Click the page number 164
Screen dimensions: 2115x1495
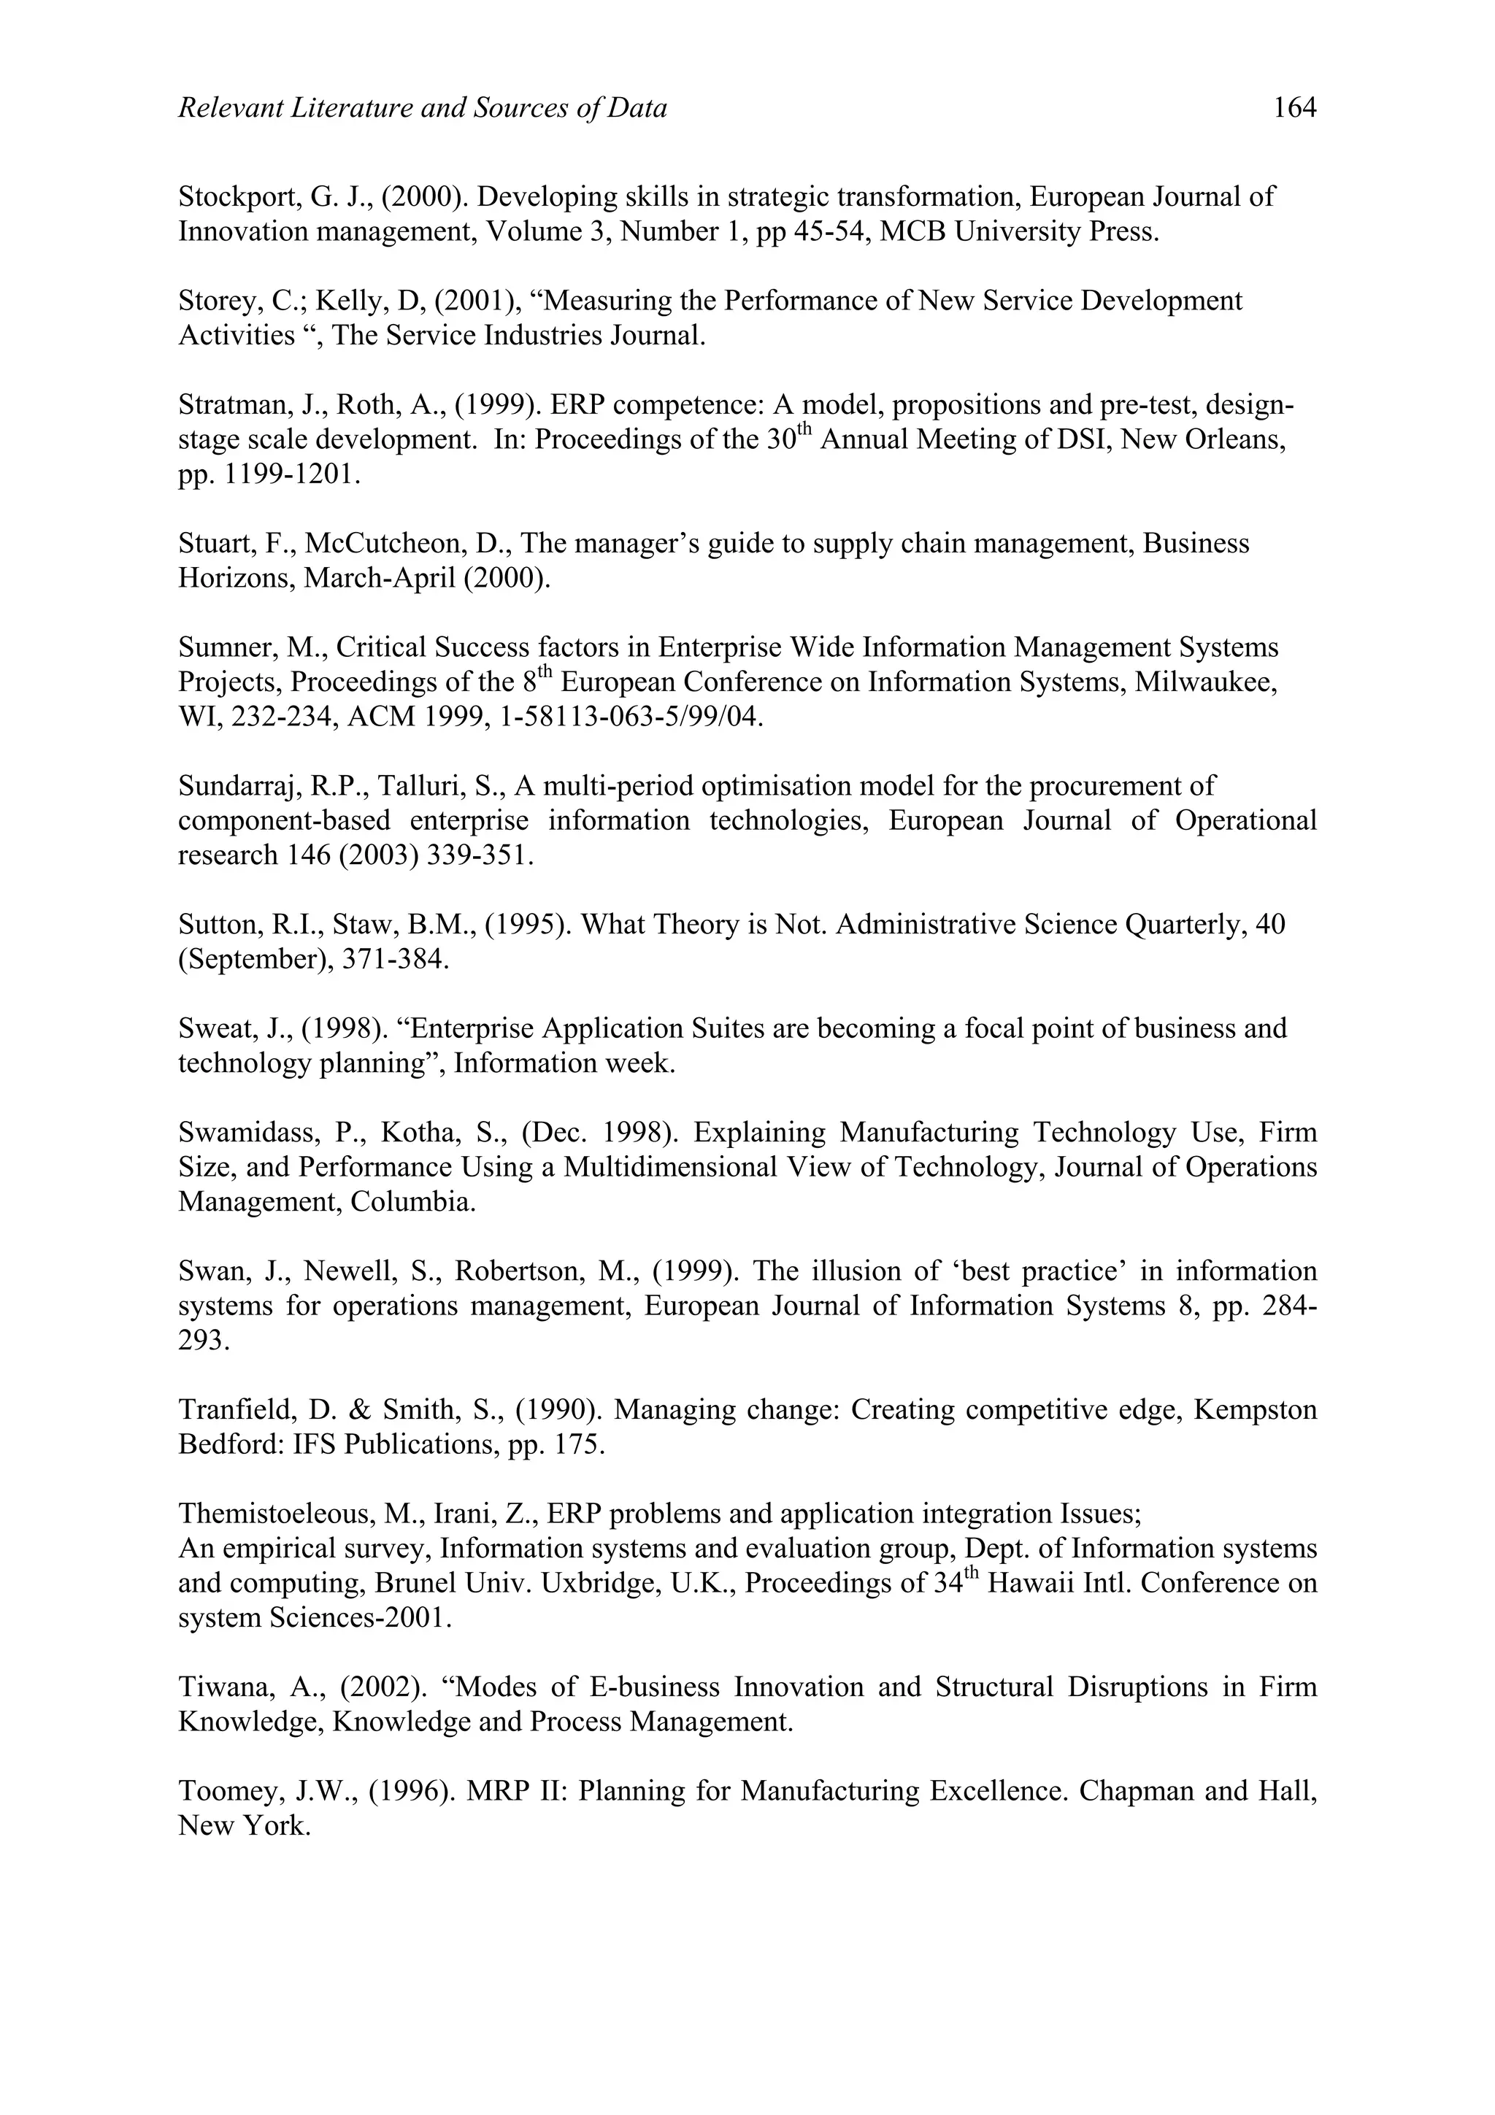[x=1294, y=109]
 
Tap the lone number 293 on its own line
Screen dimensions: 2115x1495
[x=203, y=1340]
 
